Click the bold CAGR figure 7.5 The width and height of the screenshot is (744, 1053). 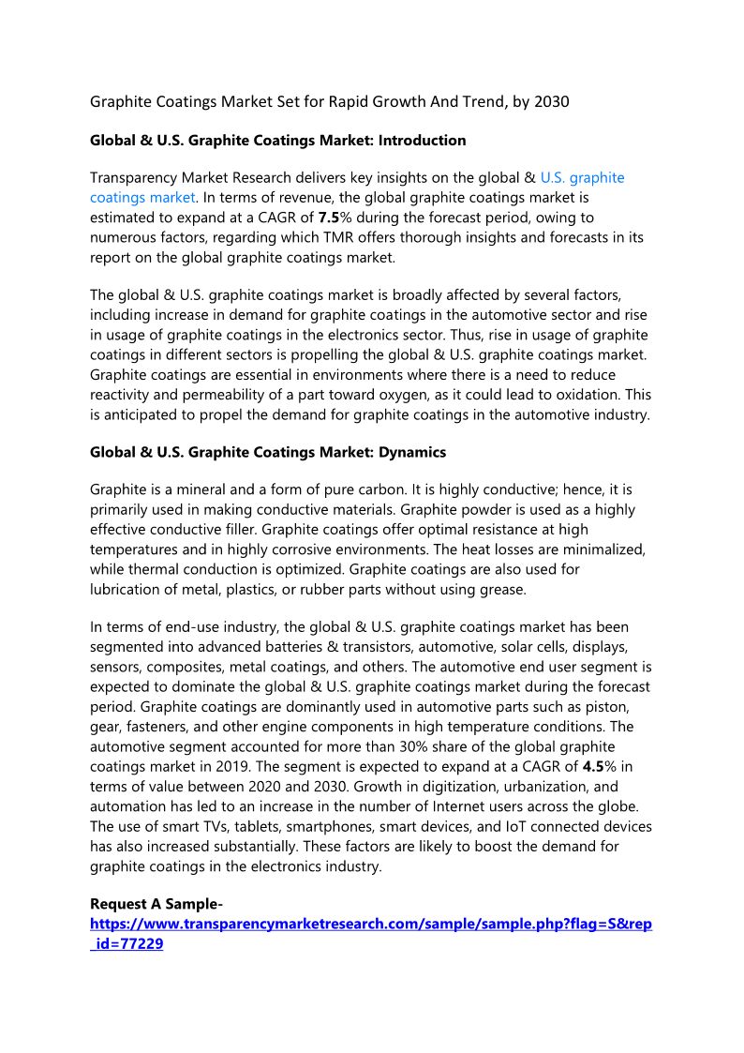coord(328,218)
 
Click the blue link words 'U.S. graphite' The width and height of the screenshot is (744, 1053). coord(583,177)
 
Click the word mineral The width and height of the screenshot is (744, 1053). coord(200,490)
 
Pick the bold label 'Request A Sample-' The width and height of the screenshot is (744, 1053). coord(156,905)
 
